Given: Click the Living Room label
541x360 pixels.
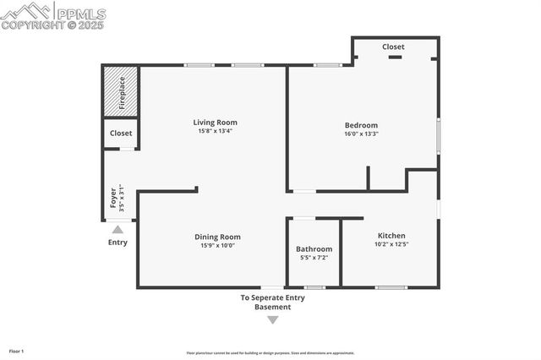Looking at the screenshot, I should [214, 122].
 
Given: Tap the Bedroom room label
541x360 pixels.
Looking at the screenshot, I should [361, 125].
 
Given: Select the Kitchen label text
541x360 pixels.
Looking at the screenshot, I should [391, 236].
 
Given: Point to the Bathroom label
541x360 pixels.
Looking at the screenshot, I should [314, 248].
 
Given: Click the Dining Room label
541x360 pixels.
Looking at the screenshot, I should [217, 237].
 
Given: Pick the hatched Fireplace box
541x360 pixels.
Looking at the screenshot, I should [121, 92].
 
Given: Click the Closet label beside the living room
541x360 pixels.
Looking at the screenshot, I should [121, 134].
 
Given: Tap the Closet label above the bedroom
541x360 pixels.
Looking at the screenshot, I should [393, 47].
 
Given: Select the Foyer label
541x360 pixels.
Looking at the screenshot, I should [113, 199].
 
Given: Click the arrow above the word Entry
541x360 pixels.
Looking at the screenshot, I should [117, 229].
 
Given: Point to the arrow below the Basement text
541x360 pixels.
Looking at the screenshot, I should [272, 319].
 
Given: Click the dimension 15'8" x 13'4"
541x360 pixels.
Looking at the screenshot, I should [214, 131].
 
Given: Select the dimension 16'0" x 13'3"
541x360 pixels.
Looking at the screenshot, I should [361, 134].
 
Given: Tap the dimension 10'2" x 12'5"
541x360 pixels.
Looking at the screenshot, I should [391, 245].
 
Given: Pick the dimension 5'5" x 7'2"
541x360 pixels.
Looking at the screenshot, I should [314, 258].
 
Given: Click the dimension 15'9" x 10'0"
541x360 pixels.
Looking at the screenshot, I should [217, 246].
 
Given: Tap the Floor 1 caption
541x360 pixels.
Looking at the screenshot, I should [17, 351].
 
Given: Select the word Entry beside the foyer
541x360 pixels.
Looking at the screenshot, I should [117, 243].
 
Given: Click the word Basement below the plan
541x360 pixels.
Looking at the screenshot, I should [272, 307].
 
